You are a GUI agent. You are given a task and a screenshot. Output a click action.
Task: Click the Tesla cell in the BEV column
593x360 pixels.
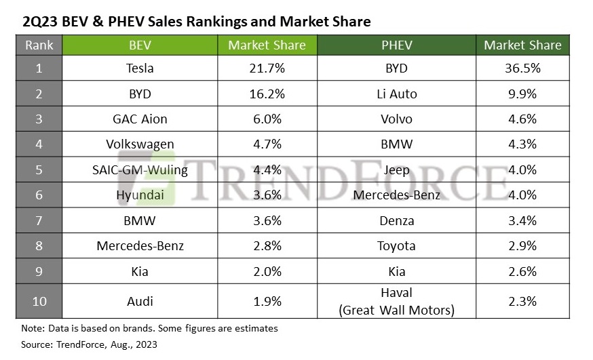pyautogui.click(x=140, y=68)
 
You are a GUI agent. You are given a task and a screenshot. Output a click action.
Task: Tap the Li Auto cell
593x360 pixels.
pyautogui.click(x=397, y=94)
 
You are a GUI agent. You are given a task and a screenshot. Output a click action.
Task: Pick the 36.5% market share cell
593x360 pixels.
pyautogui.click(x=522, y=68)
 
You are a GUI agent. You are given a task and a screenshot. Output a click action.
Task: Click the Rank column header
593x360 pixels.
pyautogui.click(x=39, y=45)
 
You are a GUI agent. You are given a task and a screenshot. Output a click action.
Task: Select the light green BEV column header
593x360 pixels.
pyautogui.click(x=140, y=45)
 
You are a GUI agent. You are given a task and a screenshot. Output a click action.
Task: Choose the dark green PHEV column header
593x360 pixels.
pyautogui.click(x=397, y=45)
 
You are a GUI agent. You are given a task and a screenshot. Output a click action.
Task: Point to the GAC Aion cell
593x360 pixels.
pyautogui.click(x=140, y=119)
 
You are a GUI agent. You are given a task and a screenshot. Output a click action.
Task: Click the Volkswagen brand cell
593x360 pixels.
pyautogui.click(x=140, y=144)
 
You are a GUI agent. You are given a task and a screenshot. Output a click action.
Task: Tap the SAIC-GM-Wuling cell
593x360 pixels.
pyautogui.click(x=140, y=169)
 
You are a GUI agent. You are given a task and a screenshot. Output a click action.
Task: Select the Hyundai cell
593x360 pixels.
pyautogui.click(x=140, y=195)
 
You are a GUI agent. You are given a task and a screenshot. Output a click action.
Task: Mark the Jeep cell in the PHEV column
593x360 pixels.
pyautogui.click(x=397, y=169)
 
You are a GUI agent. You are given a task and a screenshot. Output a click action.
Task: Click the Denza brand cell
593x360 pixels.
pyautogui.click(x=397, y=220)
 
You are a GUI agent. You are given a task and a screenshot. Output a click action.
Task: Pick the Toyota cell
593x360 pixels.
pyautogui.click(x=397, y=245)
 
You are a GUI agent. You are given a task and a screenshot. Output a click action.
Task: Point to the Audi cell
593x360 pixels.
pyautogui.click(x=140, y=301)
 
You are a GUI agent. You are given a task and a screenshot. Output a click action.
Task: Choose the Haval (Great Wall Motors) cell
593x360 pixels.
pyautogui.click(x=397, y=301)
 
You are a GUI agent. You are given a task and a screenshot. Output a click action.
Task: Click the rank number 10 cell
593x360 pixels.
pyautogui.click(x=39, y=301)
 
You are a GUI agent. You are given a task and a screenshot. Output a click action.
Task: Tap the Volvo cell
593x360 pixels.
pyautogui.click(x=397, y=119)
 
